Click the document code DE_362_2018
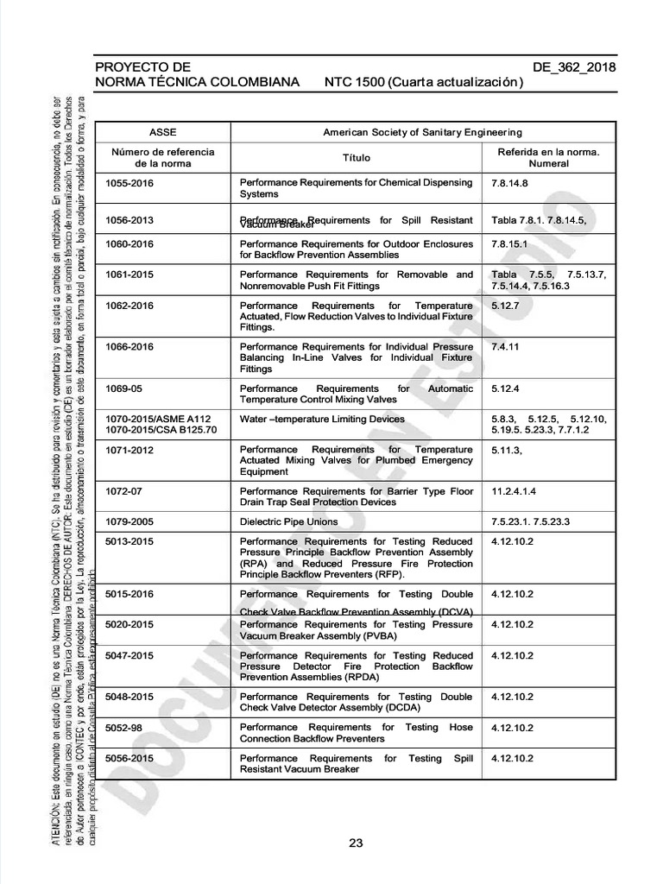click(574, 66)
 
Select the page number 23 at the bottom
click(356, 843)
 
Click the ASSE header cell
click(162, 132)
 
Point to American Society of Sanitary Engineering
click(422, 132)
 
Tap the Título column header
click(356, 157)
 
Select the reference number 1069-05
click(123, 388)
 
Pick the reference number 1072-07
click(123, 491)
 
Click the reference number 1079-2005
click(129, 521)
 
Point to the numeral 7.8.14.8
click(509, 183)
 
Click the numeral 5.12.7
click(505, 306)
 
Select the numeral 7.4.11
click(504, 347)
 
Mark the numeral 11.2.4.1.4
click(514, 491)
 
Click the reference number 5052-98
click(123, 727)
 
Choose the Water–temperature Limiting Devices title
click(322, 419)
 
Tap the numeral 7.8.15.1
click(509, 244)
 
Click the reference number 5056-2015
click(129, 758)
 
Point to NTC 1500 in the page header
click(354, 83)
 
